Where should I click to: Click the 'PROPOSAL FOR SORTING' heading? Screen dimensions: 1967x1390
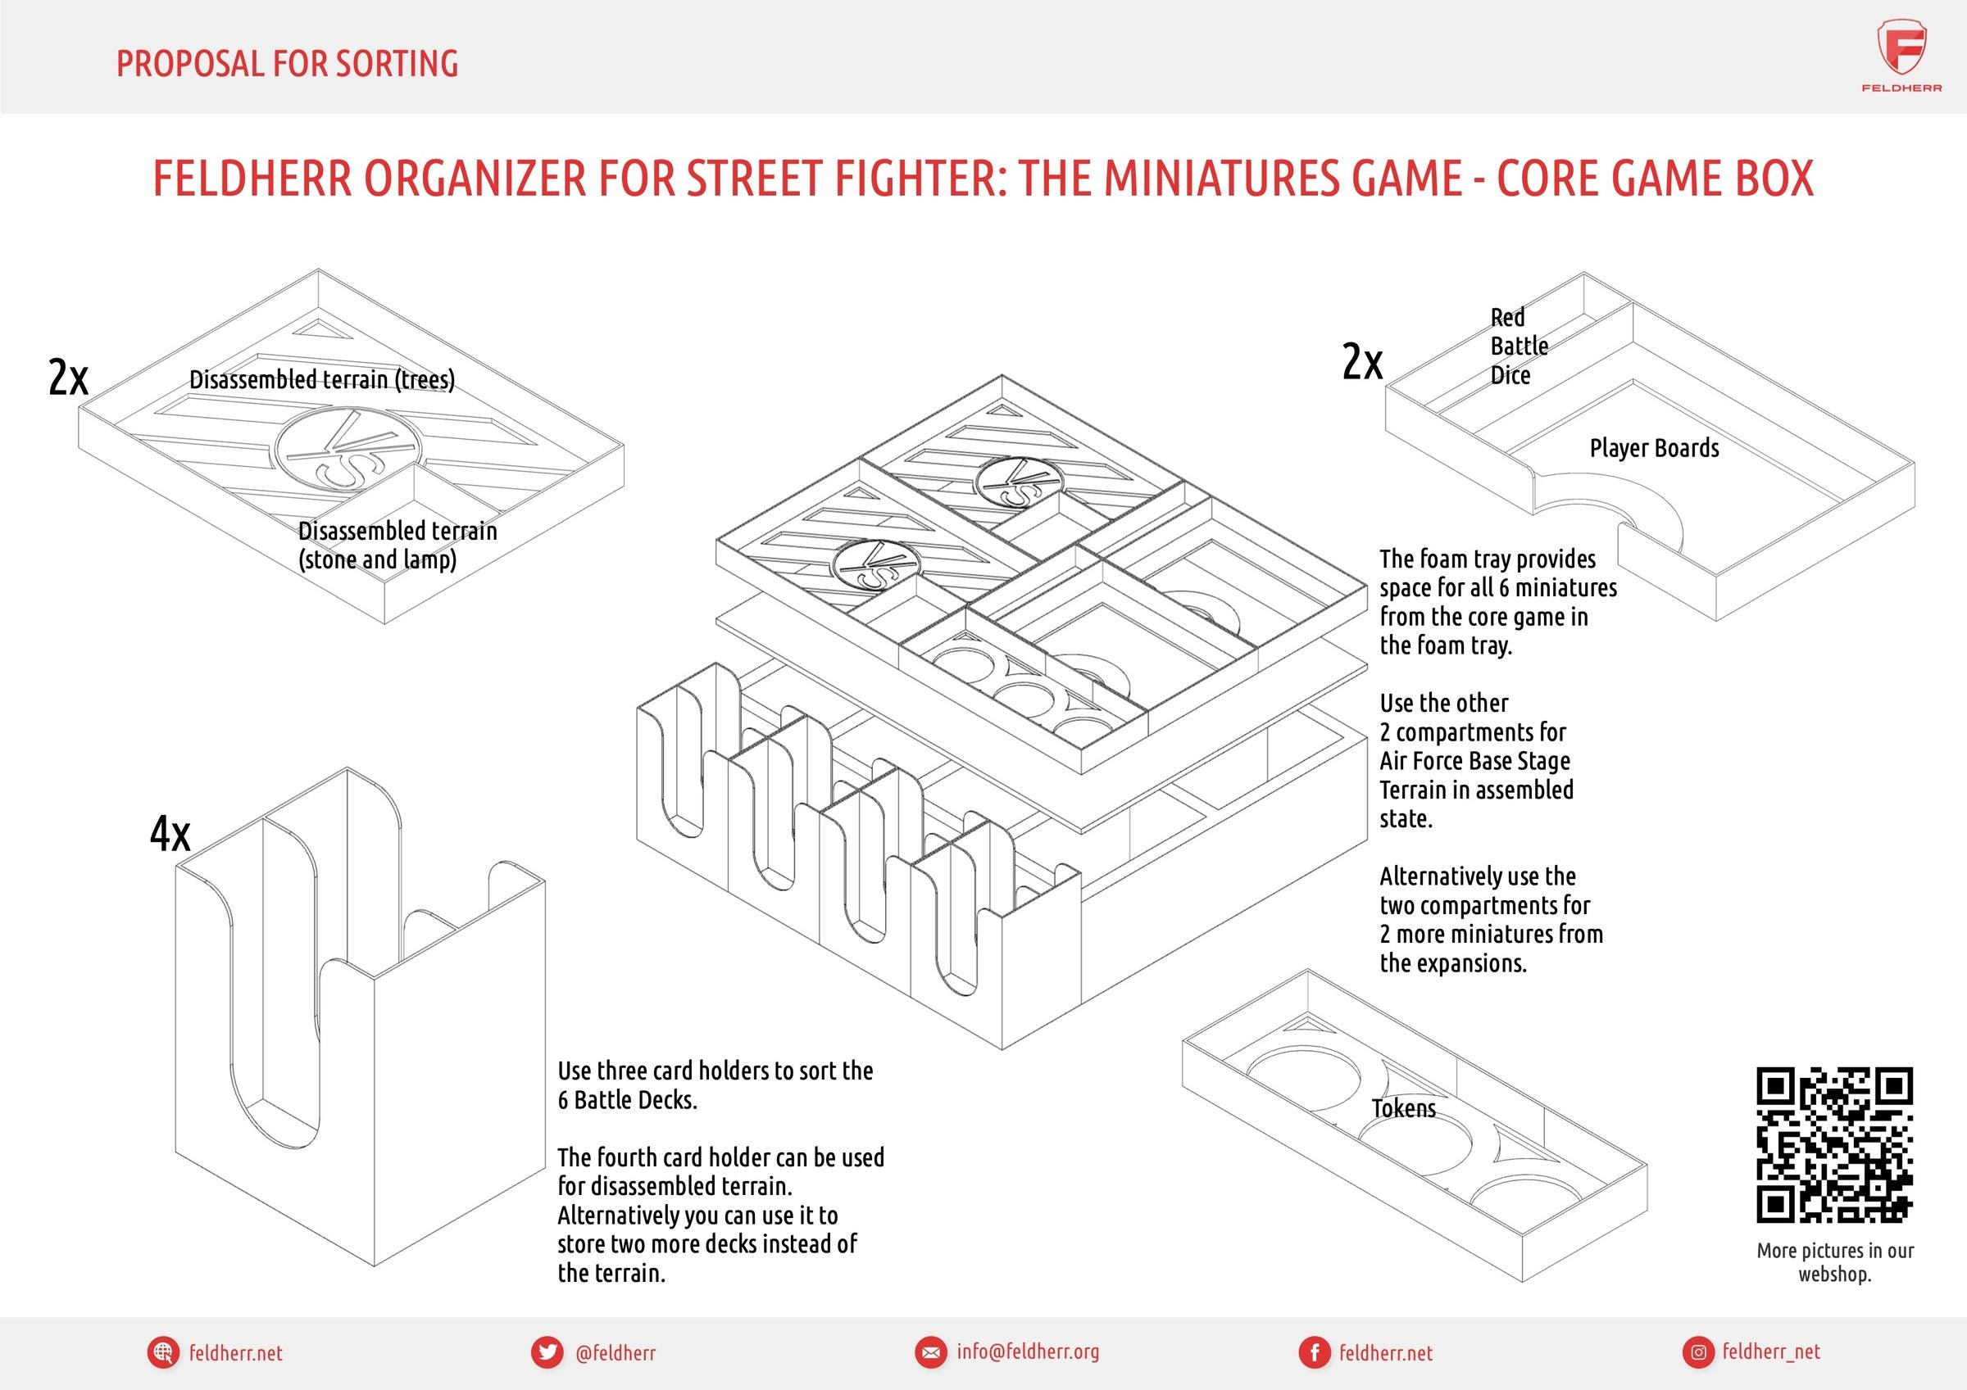click(287, 64)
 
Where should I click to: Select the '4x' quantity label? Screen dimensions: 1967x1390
click(170, 833)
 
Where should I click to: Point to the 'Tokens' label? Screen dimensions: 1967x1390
click(1403, 1108)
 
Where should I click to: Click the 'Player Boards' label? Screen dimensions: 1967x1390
click(1654, 448)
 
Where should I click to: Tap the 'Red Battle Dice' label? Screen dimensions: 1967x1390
click(1519, 346)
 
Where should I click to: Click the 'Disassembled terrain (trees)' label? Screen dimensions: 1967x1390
click(322, 379)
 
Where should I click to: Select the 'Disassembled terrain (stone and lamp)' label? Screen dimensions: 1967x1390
click(397, 545)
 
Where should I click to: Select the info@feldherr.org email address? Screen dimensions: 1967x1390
click(1028, 1352)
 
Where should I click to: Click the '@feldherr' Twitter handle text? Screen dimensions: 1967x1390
click(616, 1352)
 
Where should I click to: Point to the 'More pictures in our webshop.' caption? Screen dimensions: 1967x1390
click(1835, 1261)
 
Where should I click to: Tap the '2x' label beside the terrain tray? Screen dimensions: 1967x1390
click(68, 377)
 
